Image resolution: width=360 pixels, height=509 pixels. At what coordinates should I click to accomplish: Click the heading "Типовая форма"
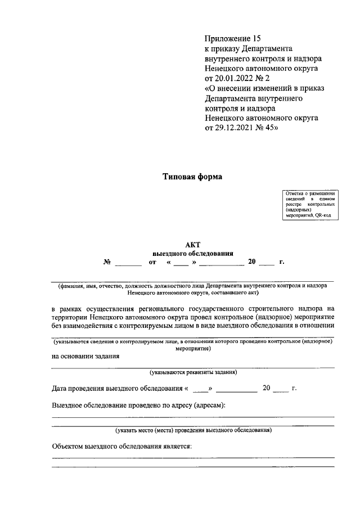click(192, 177)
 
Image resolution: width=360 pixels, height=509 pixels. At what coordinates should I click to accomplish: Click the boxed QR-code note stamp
click(310, 205)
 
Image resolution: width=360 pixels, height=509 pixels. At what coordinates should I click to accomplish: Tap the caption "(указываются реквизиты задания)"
click(192, 372)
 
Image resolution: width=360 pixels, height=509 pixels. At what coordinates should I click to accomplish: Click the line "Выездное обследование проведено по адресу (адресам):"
click(138, 405)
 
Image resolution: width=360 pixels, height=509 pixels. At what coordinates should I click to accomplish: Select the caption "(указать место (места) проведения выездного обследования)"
click(193, 431)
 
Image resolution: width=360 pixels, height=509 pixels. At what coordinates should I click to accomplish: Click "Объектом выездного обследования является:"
click(121, 447)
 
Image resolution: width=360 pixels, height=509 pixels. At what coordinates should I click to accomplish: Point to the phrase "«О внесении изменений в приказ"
click(264, 88)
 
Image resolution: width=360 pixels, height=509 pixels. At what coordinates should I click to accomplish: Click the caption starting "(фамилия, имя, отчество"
click(192, 286)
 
